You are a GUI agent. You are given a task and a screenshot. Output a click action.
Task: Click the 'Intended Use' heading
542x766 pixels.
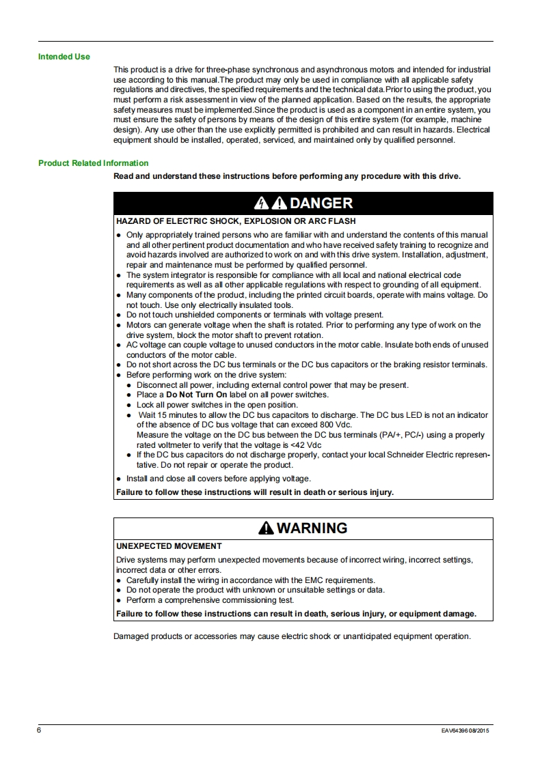64,57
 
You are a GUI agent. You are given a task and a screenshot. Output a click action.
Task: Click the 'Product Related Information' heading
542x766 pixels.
93,163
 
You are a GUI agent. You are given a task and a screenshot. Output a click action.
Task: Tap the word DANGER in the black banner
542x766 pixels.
321,203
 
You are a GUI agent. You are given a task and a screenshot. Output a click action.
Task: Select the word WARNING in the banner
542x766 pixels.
312,528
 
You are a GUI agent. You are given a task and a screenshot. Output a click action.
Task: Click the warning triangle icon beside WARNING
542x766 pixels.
266,528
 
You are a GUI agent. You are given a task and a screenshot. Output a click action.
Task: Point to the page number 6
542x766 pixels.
40,730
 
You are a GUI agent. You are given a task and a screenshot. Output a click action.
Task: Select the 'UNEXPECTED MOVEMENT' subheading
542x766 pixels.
169,546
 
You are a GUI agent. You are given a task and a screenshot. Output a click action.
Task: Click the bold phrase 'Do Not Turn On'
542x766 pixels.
196,395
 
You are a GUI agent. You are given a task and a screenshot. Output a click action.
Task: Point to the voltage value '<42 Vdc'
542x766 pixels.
307,444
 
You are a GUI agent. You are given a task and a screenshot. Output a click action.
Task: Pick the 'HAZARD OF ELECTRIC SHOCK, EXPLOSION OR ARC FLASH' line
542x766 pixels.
236,221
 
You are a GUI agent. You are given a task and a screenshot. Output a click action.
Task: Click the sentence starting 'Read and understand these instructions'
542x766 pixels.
287,176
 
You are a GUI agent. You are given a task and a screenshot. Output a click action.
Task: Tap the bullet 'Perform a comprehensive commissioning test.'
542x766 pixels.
210,600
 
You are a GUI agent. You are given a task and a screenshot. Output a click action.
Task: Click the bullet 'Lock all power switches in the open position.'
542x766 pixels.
221,405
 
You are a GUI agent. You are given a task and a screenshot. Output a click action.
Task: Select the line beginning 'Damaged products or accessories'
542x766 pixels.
292,636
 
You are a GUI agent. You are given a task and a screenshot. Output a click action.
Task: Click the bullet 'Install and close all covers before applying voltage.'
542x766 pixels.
218,479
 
